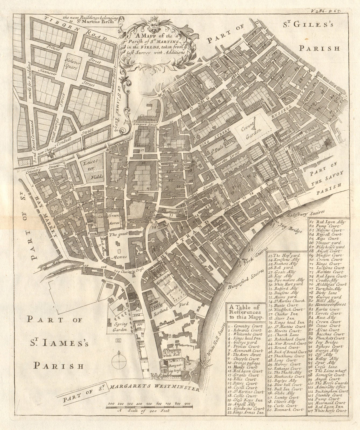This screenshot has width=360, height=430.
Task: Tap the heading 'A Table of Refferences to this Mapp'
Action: tap(245, 312)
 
